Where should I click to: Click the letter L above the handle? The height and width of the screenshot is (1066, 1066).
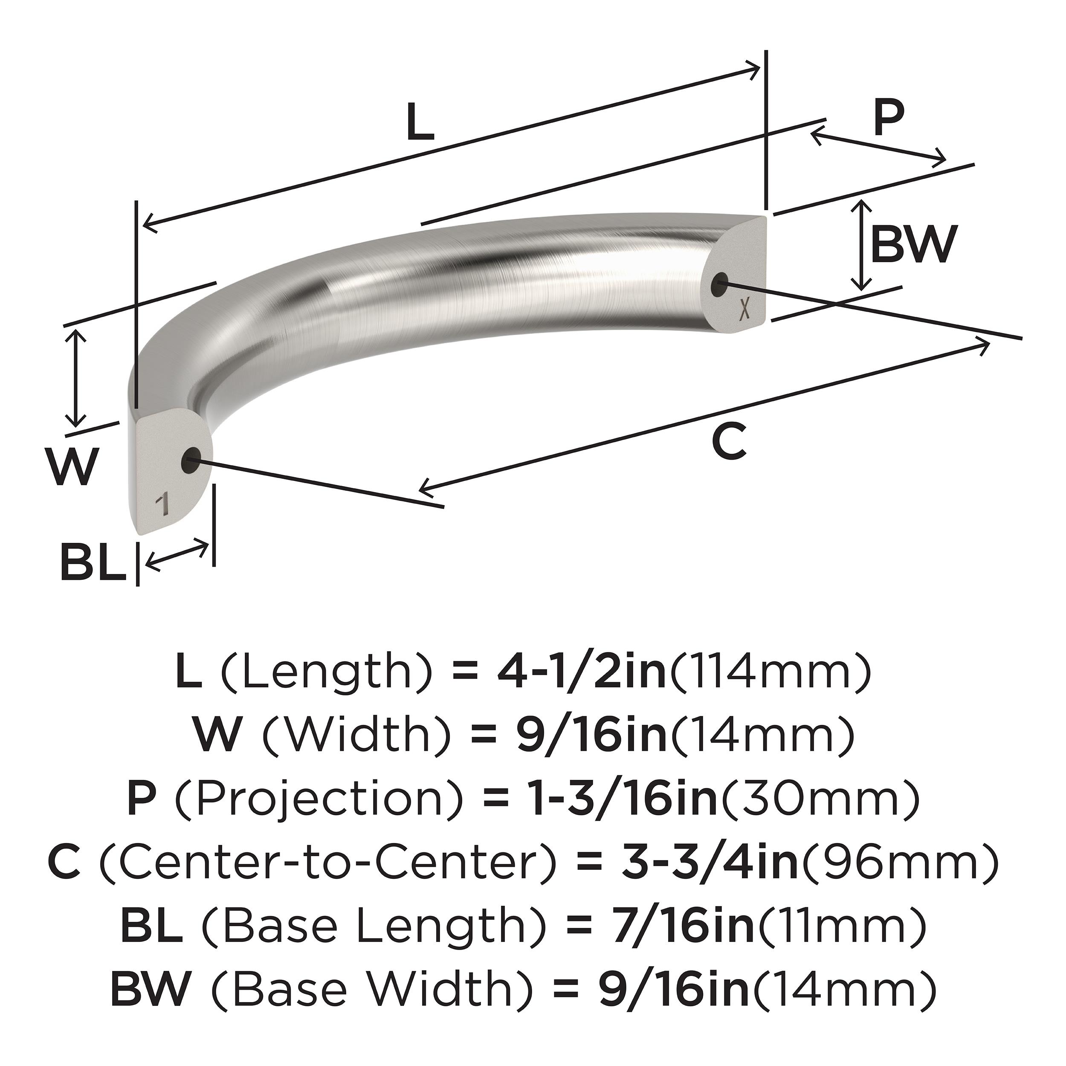point(420,122)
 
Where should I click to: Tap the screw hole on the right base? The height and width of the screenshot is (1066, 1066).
point(719,285)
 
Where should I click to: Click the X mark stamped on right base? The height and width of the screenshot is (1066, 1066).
point(744,311)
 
